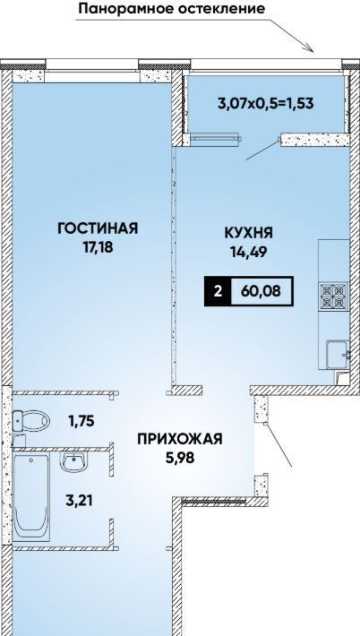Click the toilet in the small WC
pos(30,421)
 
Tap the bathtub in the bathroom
pos(31,497)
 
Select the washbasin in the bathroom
pos(73,461)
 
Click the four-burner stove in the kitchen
pos(334,297)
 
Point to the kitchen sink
pos(338,355)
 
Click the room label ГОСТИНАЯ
pos(98,228)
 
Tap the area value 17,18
pos(98,247)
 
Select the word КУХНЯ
pos(249,233)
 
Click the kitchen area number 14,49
pos(249,252)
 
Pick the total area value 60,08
pos(261,291)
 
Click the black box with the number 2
pos(219,291)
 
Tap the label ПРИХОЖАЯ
pos(180,439)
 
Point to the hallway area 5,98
pos(180,458)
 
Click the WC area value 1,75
pos(81,421)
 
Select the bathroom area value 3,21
pos(79,501)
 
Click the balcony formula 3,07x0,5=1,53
pos(266,103)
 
